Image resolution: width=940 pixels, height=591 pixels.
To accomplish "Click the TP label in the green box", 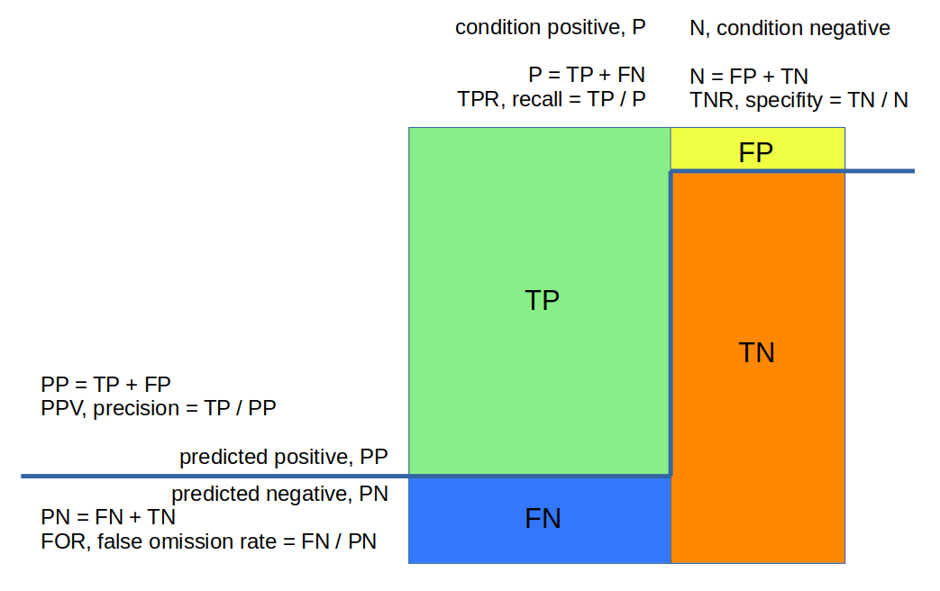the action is (x=542, y=300).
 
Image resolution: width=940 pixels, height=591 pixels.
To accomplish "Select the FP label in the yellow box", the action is (x=756, y=152).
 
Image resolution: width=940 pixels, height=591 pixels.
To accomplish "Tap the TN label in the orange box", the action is (x=756, y=352).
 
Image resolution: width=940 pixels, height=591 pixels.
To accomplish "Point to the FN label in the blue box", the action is (x=543, y=518).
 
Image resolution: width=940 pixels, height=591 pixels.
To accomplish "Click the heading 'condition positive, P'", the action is (x=551, y=28).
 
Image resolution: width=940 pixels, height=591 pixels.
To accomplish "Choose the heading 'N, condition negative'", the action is (x=790, y=28).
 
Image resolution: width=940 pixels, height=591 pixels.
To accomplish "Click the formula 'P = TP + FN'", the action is (x=587, y=75).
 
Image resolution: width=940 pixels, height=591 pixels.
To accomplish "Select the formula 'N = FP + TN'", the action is (x=749, y=77).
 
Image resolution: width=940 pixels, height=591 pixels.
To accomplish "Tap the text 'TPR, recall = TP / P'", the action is (x=552, y=99).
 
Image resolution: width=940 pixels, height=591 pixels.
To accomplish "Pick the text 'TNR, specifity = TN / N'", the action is (x=799, y=100).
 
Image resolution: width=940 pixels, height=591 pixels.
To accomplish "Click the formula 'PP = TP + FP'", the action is (x=105, y=384).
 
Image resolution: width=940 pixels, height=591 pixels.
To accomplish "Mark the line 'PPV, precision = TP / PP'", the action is (x=159, y=408).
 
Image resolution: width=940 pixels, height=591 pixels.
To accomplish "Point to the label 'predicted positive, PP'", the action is (x=284, y=457).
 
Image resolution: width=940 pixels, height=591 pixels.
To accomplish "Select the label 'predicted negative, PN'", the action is (x=280, y=494).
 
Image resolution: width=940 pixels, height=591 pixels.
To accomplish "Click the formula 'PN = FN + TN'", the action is (x=108, y=517).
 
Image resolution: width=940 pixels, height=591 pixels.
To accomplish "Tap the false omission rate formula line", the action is (x=208, y=541).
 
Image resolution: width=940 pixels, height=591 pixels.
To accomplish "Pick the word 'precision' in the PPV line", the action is (x=136, y=409).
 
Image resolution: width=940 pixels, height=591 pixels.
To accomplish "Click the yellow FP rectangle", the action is (x=758, y=149).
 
